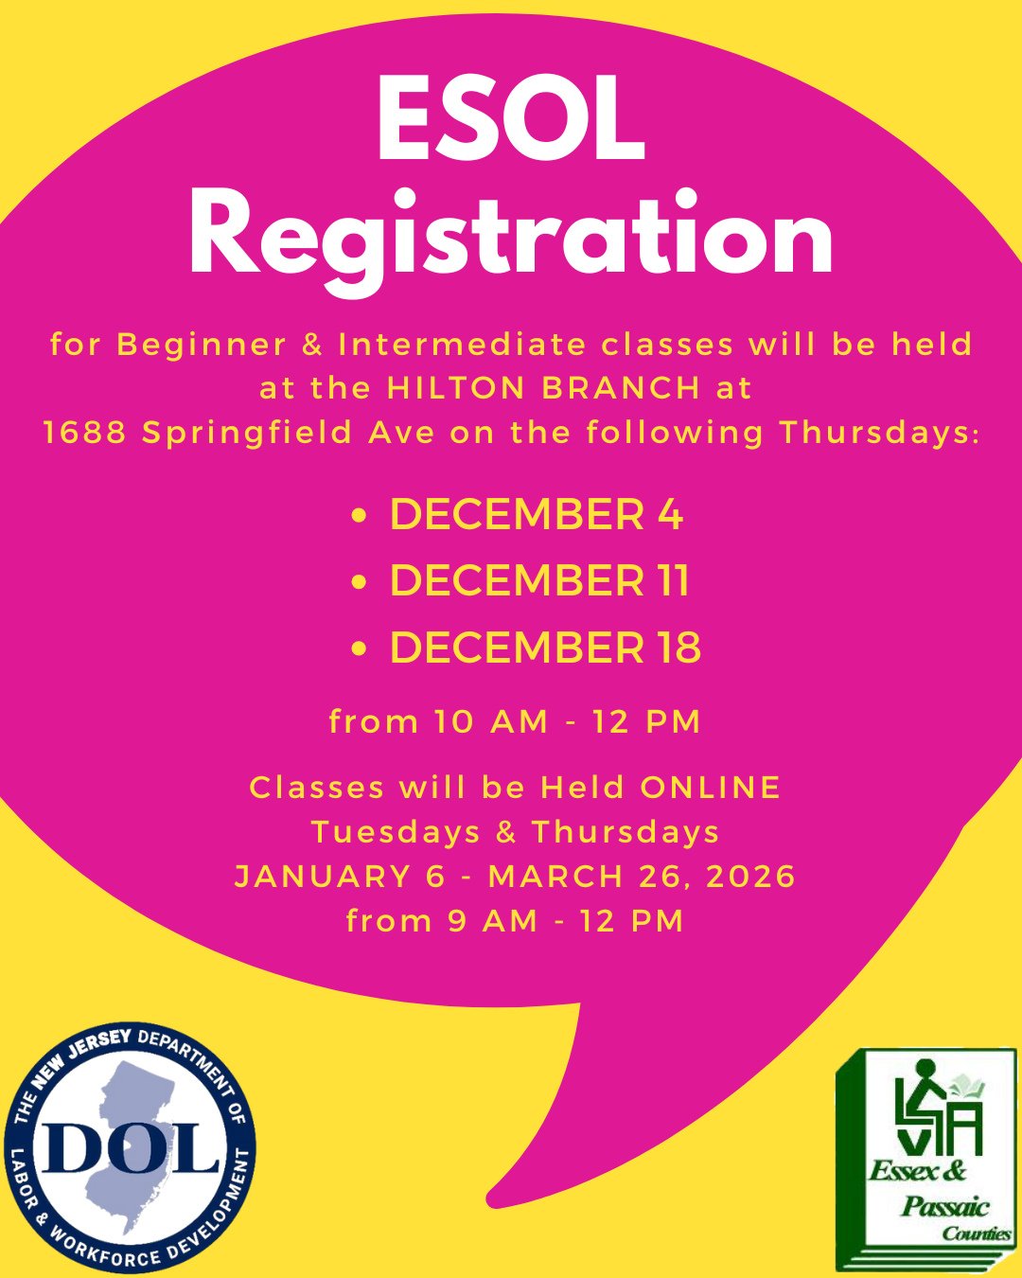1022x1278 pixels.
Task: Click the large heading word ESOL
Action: [x=511, y=121]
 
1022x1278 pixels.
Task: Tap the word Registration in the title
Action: [x=511, y=237]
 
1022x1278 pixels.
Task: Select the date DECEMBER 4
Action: [x=536, y=515]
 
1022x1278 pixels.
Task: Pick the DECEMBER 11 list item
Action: [x=539, y=581]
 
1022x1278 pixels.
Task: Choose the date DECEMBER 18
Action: [x=545, y=648]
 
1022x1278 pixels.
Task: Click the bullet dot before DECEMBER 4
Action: [x=359, y=517]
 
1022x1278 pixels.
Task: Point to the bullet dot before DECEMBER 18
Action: [x=359, y=650]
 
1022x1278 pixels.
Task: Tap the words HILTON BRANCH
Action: [x=543, y=388]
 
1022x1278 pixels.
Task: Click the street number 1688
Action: [x=85, y=433]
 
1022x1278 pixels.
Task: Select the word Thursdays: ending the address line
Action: [x=880, y=433]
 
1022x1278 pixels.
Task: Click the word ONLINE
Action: [x=711, y=788]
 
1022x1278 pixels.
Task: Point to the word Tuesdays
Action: [x=396, y=832]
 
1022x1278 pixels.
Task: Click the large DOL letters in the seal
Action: [x=131, y=1148]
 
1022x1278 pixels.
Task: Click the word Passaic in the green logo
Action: [x=944, y=1206]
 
